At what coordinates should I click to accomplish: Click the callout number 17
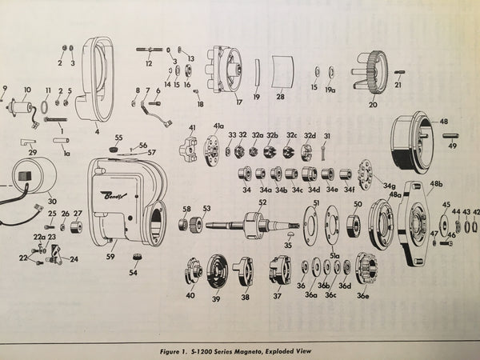[x=216, y=102]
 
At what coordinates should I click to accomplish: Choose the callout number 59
[x=110, y=257]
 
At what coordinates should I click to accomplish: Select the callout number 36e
[x=365, y=297]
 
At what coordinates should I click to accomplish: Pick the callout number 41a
[x=218, y=126]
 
